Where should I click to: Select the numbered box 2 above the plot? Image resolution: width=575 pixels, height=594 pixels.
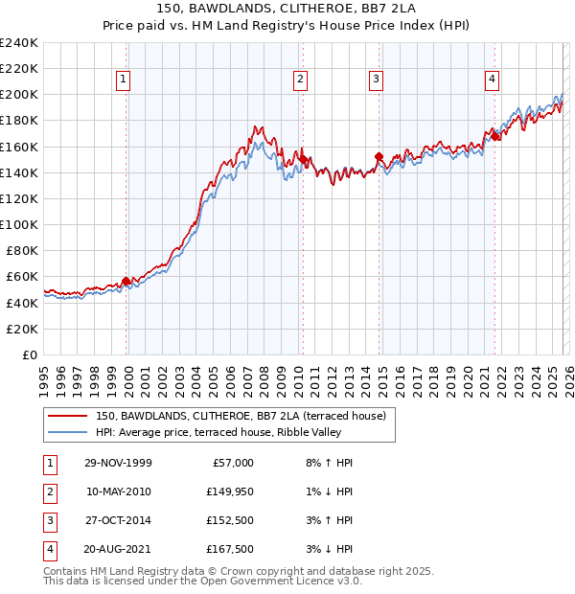tap(300, 80)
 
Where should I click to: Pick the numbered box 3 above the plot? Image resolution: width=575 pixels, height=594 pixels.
tap(377, 80)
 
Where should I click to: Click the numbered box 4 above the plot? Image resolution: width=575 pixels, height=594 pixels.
tap(492, 80)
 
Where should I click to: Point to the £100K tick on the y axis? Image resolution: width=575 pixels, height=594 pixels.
tap(19, 224)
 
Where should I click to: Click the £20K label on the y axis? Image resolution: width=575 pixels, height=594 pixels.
tap(22, 329)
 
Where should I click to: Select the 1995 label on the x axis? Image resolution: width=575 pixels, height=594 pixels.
tap(44, 377)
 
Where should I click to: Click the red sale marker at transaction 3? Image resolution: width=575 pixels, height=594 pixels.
tap(379, 156)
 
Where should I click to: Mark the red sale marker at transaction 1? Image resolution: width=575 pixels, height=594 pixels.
tap(126, 281)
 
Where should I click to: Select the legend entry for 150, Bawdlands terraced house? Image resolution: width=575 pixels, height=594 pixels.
tap(240, 416)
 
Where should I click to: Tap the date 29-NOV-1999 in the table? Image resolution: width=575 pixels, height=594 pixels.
tap(118, 463)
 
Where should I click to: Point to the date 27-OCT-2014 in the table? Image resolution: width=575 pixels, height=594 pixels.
tap(118, 520)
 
